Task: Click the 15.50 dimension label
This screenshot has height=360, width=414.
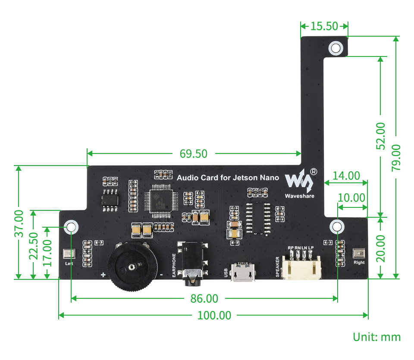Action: click(x=324, y=26)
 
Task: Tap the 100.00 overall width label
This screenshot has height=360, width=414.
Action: click(x=214, y=315)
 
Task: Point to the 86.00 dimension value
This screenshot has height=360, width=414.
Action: click(x=204, y=298)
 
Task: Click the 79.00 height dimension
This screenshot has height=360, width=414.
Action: click(x=396, y=157)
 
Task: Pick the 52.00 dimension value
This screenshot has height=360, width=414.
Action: click(x=380, y=136)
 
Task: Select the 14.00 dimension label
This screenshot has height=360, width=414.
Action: click(x=346, y=175)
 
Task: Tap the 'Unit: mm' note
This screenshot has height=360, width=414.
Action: click(x=376, y=337)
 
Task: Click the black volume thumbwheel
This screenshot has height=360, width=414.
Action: click(x=130, y=267)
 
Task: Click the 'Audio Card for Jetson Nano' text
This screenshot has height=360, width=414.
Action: click(x=228, y=177)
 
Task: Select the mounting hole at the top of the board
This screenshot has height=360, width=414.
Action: click(x=336, y=47)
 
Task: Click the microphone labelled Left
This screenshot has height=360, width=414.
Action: click(x=69, y=255)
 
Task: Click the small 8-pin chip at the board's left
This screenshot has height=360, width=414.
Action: click(x=110, y=200)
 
